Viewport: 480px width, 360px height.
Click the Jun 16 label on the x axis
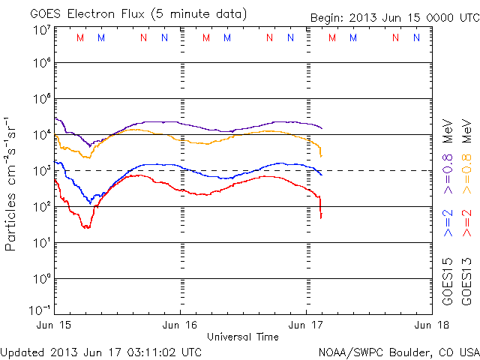click(180, 325)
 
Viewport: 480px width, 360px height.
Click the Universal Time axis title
click(243, 337)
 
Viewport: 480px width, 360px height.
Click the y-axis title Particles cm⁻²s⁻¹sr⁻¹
click(12, 183)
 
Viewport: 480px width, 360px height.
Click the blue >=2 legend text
click(448, 224)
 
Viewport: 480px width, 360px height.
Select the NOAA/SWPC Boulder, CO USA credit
click(398, 352)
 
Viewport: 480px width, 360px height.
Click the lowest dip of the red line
click(87, 227)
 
